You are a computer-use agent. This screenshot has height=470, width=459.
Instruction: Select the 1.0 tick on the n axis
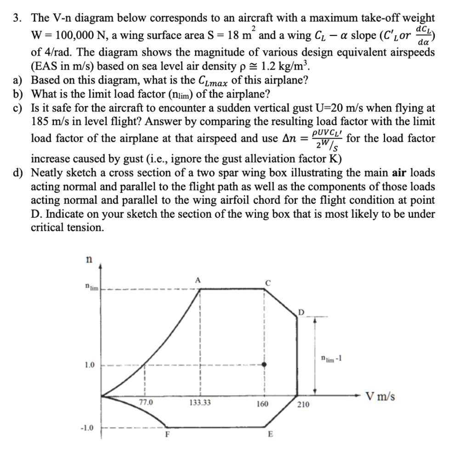click(x=89, y=365)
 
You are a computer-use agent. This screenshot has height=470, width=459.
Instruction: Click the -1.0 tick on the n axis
click(x=86, y=428)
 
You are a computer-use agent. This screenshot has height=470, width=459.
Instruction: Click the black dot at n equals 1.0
click(x=264, y=364)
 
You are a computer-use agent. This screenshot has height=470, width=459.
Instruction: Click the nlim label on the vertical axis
click(x=91, y=287)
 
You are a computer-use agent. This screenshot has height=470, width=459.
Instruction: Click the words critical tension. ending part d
click(x=67, y=227)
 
